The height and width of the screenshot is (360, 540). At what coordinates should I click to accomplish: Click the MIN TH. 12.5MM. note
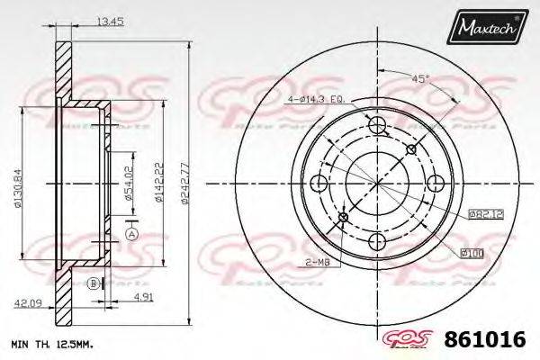pos(51,345)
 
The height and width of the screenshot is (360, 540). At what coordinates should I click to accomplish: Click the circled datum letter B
pos(92,283)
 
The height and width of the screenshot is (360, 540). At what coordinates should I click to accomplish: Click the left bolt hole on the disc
pos(317,184)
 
